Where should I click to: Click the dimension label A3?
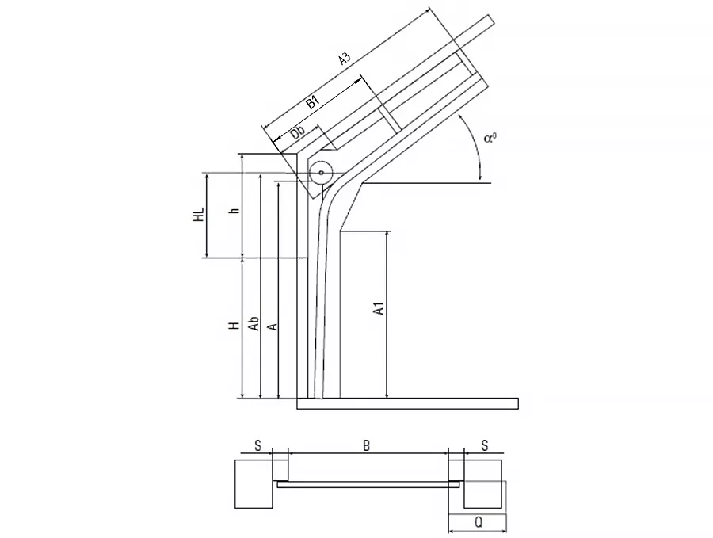click(x=345, y=59)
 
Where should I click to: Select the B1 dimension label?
click(x=312, y=101)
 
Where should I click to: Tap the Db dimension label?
click(x=298, y=132)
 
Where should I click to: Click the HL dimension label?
click(x=199, y=214)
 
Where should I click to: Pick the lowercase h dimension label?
click(x=234, y=210)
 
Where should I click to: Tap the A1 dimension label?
click(x=379, y=308)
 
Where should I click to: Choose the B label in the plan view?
click(x=367, y=445)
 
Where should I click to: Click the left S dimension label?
click(x=257, y=445)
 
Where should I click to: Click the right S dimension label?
click(x=485, y=445)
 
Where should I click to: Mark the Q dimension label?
click(x=479, y=522)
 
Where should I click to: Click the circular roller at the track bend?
click(x=321, y=173)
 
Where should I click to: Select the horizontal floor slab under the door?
click(x=407, y=403)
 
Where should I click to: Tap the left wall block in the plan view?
click(x=254, y=484)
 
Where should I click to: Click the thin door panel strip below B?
click(x=368, y=485)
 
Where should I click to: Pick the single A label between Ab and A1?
click(x=273, y=327)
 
